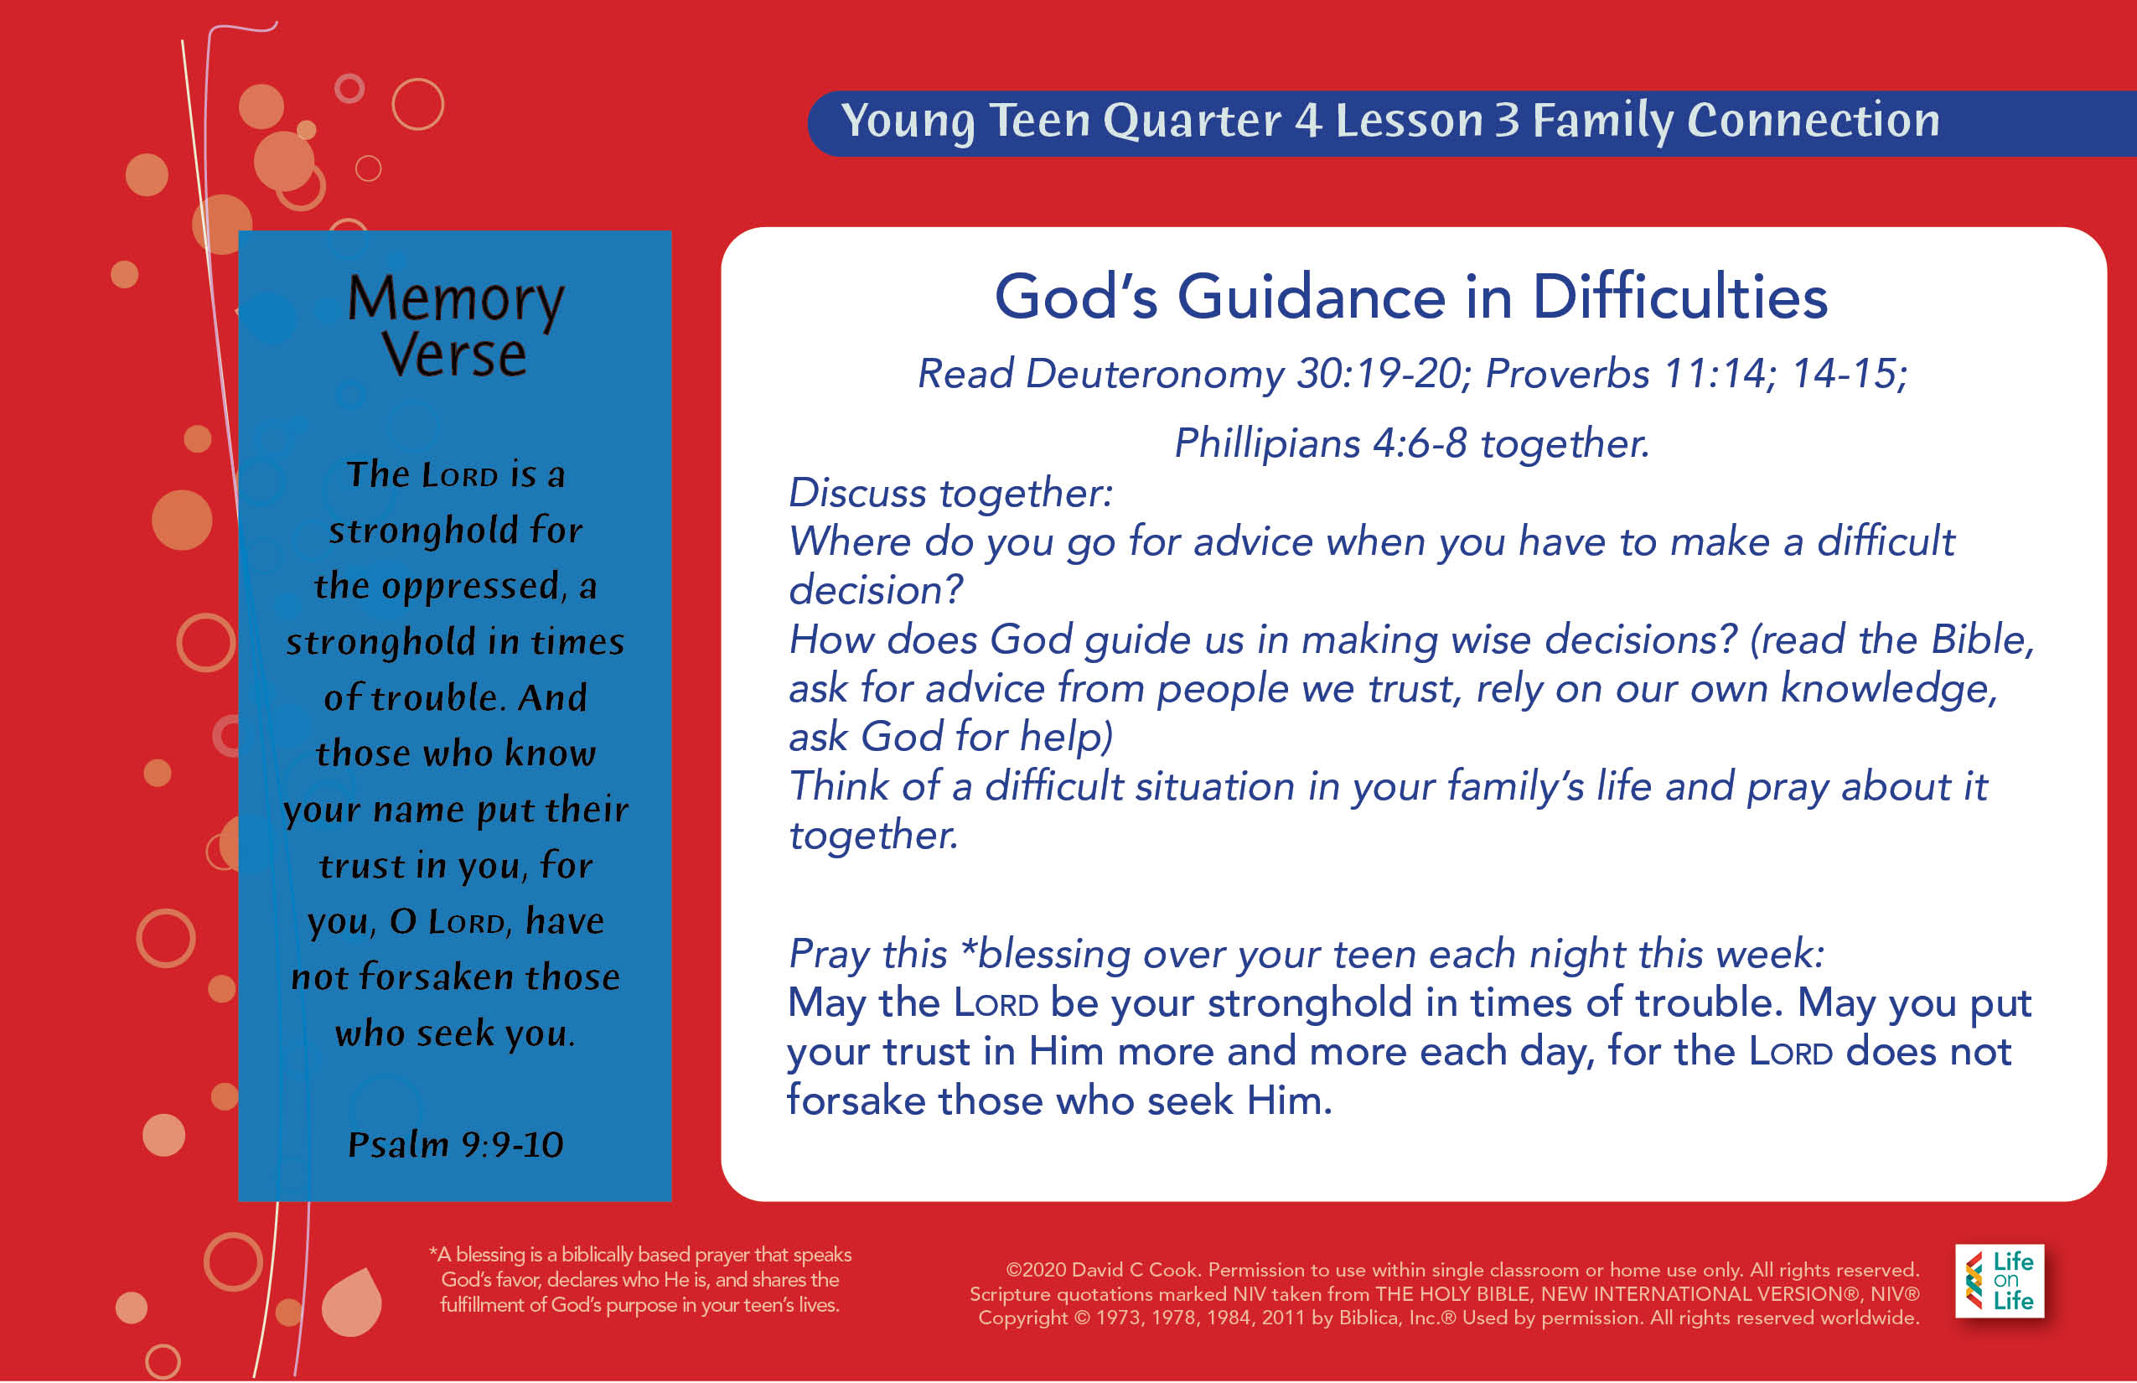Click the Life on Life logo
coord(1999,1281)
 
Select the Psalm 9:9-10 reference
coord(455,1144)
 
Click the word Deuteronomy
coord(1155,375)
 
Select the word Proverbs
coord(1567,374)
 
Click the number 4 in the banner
coord(1307,121)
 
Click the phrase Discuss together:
coord(950,494)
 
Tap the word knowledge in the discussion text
coord(1890,691)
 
